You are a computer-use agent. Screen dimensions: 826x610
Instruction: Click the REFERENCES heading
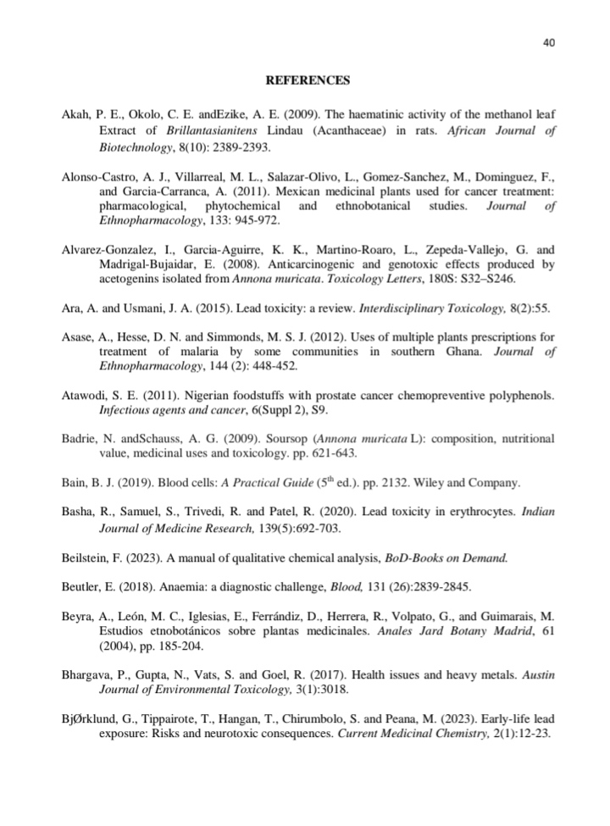pyautogui.click(x=308, y=80)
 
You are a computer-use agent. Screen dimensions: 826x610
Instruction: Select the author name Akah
pyautogui.click(x=75, y=113)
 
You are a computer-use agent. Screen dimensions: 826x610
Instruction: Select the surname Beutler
pyautogui.click(x=83, y=586)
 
